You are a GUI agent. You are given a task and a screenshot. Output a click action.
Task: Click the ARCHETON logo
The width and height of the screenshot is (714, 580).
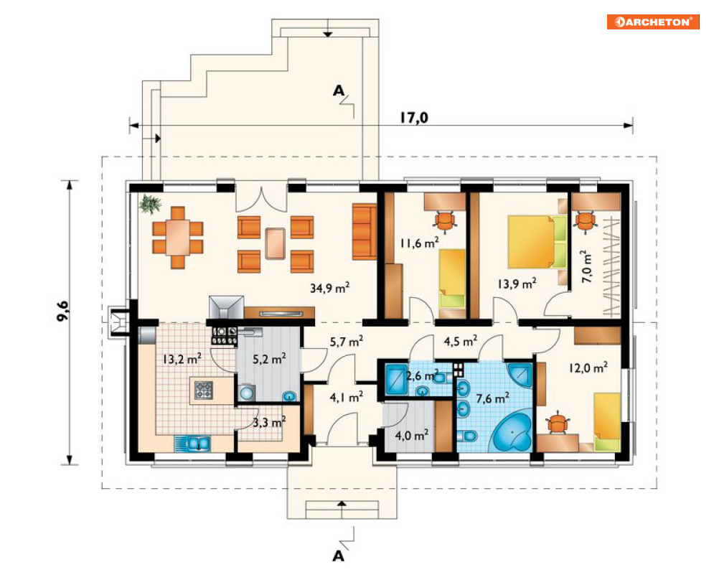coord(653,22)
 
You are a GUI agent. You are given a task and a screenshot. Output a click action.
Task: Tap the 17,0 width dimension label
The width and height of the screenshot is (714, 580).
coord(414,118)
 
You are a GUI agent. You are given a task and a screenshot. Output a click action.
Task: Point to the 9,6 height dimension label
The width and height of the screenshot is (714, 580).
coord(63,312)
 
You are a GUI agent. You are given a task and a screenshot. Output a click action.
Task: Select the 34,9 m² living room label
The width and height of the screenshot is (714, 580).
coord(329,288)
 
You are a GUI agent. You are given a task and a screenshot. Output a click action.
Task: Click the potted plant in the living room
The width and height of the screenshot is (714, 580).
coord(150,203)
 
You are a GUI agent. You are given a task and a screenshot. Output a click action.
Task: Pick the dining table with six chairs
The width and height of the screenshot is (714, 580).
coord(177,238)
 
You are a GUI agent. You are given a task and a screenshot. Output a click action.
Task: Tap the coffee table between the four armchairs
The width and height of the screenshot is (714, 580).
coord(276,243)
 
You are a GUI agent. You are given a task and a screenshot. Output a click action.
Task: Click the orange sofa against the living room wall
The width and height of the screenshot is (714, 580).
coord(365,231)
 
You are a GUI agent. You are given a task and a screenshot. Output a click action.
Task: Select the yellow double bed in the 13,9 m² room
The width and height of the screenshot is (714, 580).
coord(537,242)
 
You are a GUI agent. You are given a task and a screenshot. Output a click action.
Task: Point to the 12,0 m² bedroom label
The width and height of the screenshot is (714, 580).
coord(588,368)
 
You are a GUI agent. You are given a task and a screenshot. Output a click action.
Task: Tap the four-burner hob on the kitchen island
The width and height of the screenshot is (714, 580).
coord(204,390)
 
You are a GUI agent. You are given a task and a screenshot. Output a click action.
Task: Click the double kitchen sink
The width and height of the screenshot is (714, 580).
coord(192,444)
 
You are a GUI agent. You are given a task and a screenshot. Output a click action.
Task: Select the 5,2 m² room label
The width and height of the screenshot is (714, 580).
coord(269,359)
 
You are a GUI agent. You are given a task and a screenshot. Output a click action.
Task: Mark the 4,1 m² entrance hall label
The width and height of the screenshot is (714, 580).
coord(346,397)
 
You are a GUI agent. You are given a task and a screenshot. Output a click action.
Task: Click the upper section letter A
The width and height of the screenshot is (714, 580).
coord(338,90)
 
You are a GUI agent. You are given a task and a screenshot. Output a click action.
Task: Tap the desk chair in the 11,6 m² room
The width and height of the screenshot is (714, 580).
coord(445,221)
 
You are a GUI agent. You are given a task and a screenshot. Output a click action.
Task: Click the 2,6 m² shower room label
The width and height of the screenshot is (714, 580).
coord(422,376)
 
